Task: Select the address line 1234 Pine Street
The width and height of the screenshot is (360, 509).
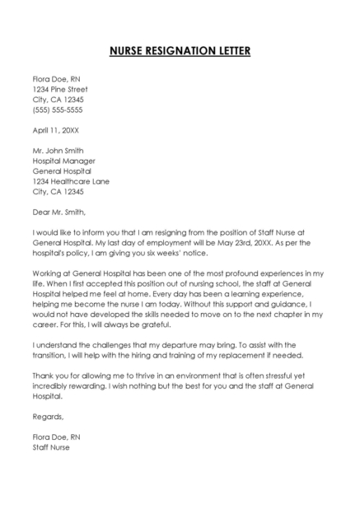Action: (x=60, y=89)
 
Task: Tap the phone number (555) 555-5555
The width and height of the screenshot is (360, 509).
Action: (x=58, y=110)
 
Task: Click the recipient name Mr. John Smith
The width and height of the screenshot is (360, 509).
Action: (x=61, y=151)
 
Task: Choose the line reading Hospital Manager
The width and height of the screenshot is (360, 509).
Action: (x=64, y=161)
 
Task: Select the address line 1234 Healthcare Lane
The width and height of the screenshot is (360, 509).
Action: (x=71, y=181)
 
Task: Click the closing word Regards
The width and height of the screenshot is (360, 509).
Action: (x=49, y=417)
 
